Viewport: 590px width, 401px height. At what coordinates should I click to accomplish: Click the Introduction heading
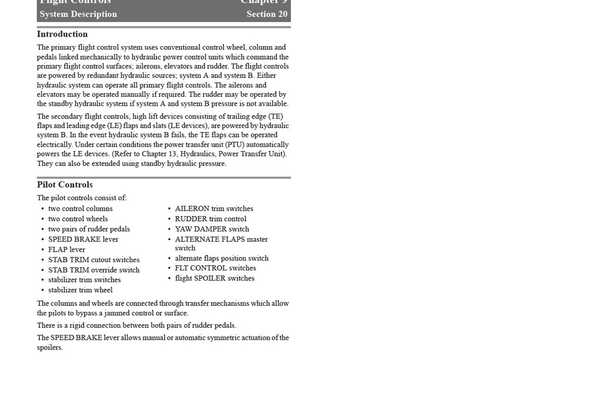[62, 34]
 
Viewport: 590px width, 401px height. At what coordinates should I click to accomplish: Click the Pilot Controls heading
[64, 185]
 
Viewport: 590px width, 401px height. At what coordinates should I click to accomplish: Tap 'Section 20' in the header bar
[267, 14]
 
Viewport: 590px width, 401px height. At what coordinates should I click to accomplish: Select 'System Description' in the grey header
[78, 14]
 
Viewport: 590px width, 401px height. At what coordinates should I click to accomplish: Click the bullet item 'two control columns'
[80, 208]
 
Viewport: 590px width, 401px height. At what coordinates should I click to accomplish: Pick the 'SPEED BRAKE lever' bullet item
[83, 239]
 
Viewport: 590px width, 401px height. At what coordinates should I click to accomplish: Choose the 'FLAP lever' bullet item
[67, 249]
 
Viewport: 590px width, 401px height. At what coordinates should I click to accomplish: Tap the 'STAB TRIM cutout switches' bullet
[94, 260]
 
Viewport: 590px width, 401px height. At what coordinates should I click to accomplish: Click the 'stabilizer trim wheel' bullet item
[80, 290]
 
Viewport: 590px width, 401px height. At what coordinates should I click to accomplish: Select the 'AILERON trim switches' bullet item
[214, 208]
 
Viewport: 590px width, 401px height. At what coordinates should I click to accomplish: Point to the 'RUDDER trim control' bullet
[211, 219]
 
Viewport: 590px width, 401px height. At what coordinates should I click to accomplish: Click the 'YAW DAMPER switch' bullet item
[212, 229]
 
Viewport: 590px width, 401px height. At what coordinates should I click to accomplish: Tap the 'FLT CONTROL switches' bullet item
[215, 268]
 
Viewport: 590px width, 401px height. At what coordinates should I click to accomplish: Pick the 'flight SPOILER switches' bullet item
[215, 278]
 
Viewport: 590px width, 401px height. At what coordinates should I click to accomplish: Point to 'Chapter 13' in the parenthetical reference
[160, 154]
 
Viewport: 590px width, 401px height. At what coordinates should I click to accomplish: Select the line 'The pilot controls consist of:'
[81, 198]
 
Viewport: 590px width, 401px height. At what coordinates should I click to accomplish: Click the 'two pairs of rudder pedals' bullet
[89, 229]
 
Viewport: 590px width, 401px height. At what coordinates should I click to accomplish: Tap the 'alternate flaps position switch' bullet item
[222, 258]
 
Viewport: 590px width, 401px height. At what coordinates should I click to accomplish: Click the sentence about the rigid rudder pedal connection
[136, 325]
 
